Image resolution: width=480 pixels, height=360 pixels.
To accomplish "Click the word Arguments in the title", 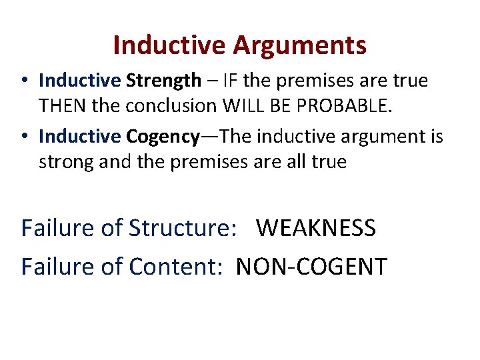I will [x=300, y=46].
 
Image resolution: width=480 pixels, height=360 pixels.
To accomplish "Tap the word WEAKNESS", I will [x=316, y=228].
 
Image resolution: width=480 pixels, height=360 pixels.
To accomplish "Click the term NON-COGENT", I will [x=311, y=266].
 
